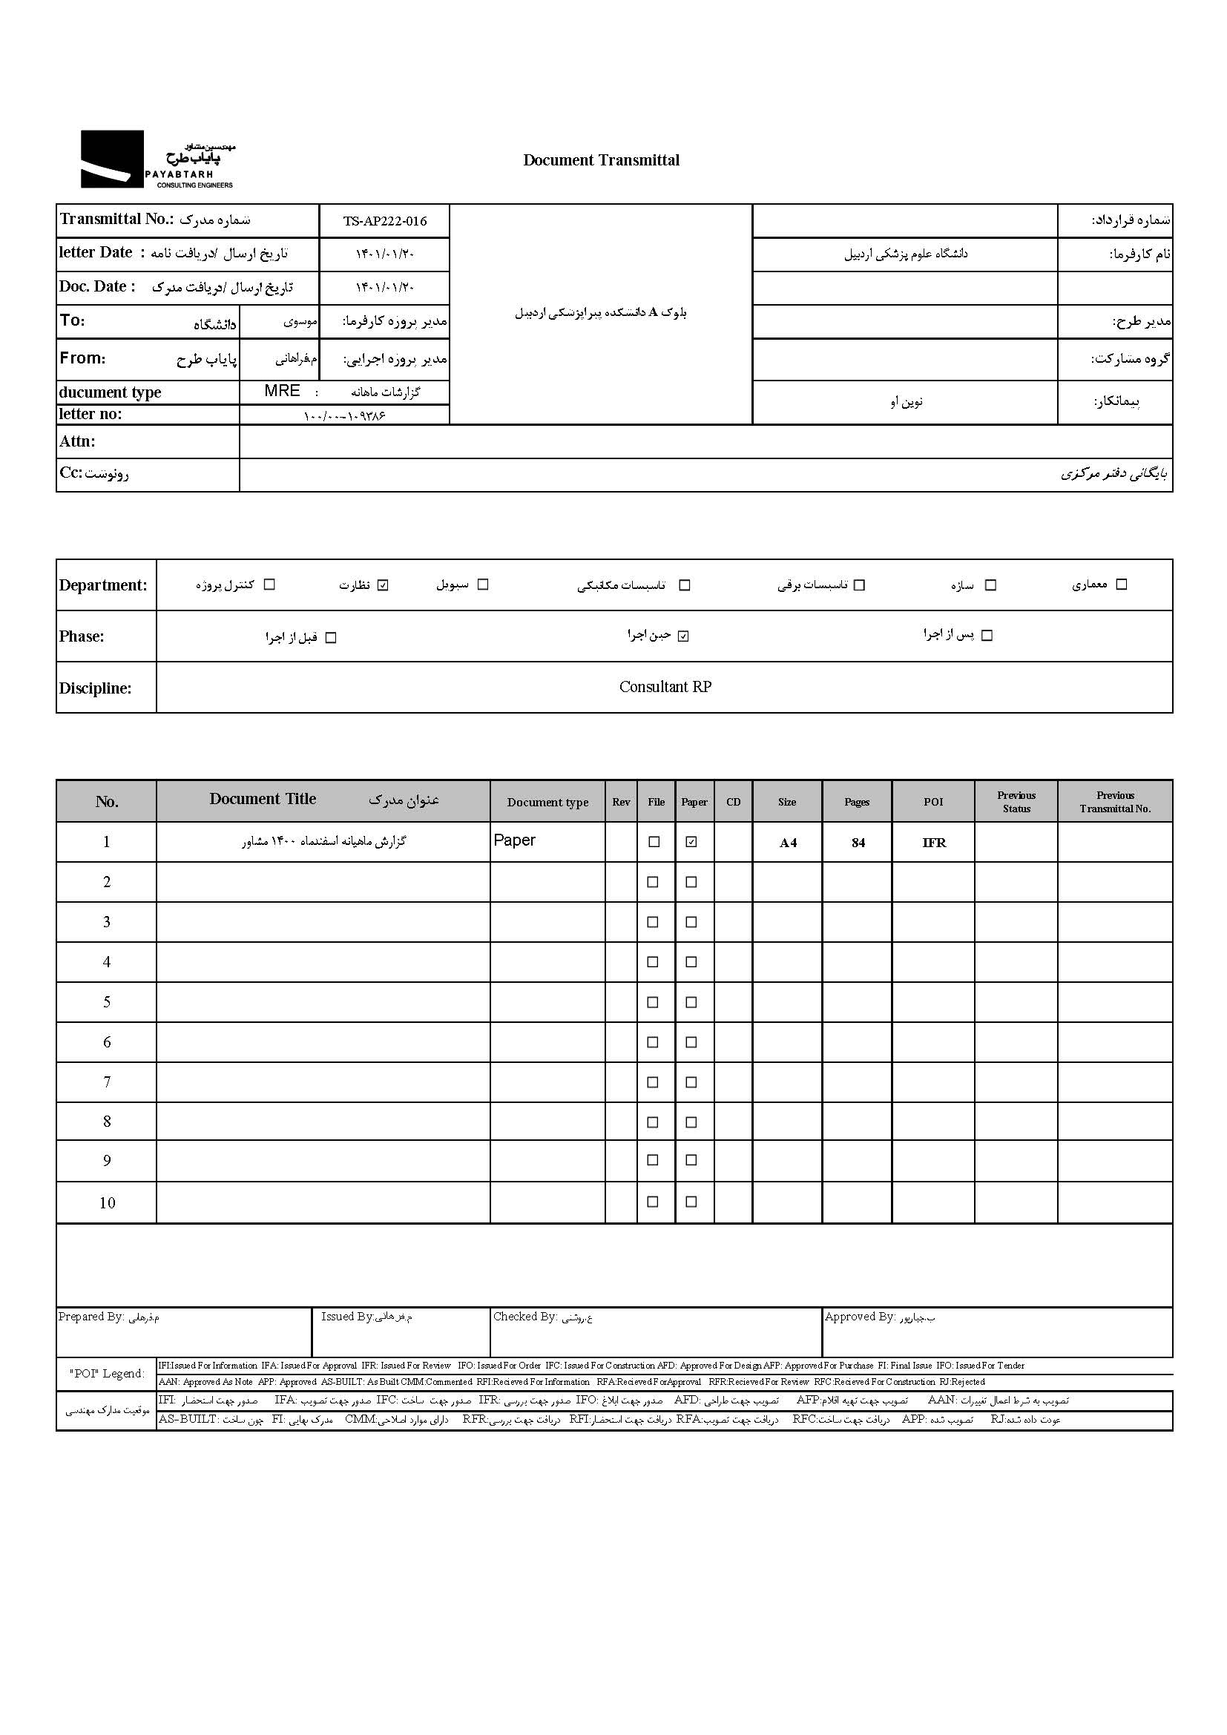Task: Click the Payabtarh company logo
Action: tap(157, 159)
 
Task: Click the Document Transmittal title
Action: tap(601, 160)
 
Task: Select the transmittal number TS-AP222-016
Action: tap(384, 220)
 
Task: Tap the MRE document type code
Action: tap(282, 391)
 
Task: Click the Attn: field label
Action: tap(78, 441)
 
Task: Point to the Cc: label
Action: tap(71, 473)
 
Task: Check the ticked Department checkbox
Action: tap(382, 585)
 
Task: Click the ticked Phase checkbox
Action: tap(683, 636)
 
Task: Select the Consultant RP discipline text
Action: tap(665, 687)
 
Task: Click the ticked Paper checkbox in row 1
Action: tap(691, 842)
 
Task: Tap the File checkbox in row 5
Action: tap(654, 1002)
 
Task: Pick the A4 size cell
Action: tap(787, 843)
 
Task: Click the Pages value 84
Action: tap(858, 843)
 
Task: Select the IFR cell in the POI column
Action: tap(934, 843)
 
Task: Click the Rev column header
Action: tap(621, 802)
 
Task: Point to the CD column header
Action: tap(733, 802)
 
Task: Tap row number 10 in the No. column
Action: tap(107, 1203)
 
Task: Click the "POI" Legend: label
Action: tap(107, 1374)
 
